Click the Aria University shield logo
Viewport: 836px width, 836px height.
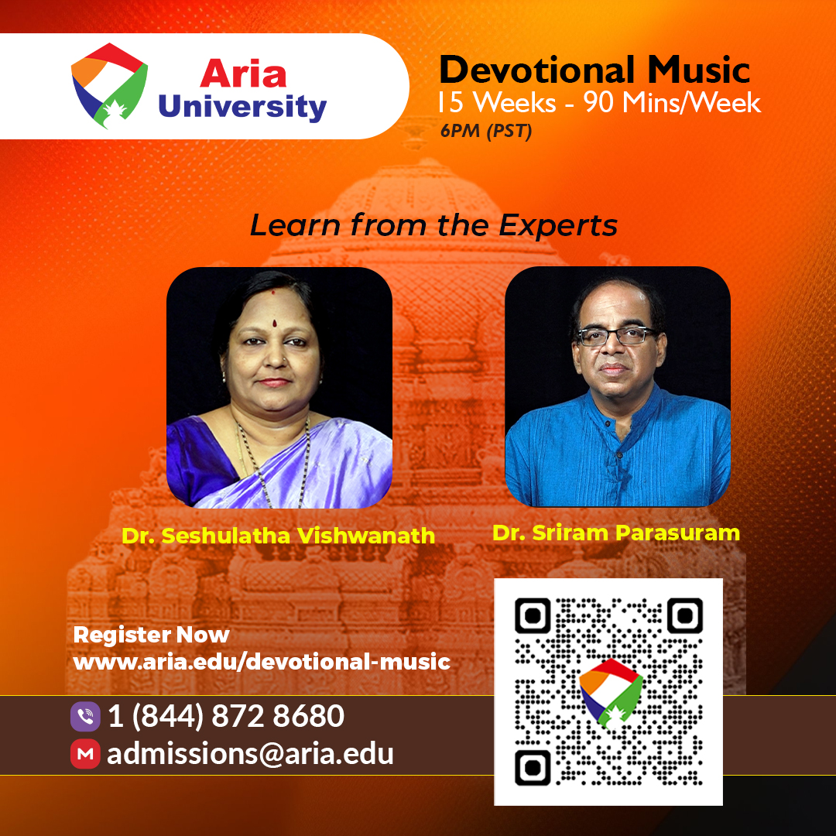tap(109, 85)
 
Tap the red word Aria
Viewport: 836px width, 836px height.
tap(243, 74)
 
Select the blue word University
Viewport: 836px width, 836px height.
tap(242, 107)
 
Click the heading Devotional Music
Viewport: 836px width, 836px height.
tap(594, 70)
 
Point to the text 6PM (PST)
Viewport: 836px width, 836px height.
tap(486, 131)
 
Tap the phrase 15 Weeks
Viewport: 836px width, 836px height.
tap(497, 102)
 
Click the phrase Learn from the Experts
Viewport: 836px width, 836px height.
tap(434, 225)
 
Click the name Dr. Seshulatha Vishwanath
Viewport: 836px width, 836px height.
tap(279, 536)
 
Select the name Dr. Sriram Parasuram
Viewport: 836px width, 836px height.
tap(616, 533)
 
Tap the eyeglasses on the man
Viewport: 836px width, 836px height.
tap(616, 336)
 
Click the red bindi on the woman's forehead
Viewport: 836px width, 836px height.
tap(275, 324)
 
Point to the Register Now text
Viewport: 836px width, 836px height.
tap(152, 635)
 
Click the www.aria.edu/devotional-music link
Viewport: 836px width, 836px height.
tap(262, 662)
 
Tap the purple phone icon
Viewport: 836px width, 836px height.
tap(85, 716)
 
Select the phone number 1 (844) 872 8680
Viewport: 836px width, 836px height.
tap(226, 715)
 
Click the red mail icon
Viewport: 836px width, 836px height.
tap(85, 754)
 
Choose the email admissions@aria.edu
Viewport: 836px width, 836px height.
tap(250, 754)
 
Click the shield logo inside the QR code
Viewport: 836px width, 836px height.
tap(611, 693)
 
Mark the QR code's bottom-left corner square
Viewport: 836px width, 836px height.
tap(533, 767)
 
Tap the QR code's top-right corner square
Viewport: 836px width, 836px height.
tap(684, 616)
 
